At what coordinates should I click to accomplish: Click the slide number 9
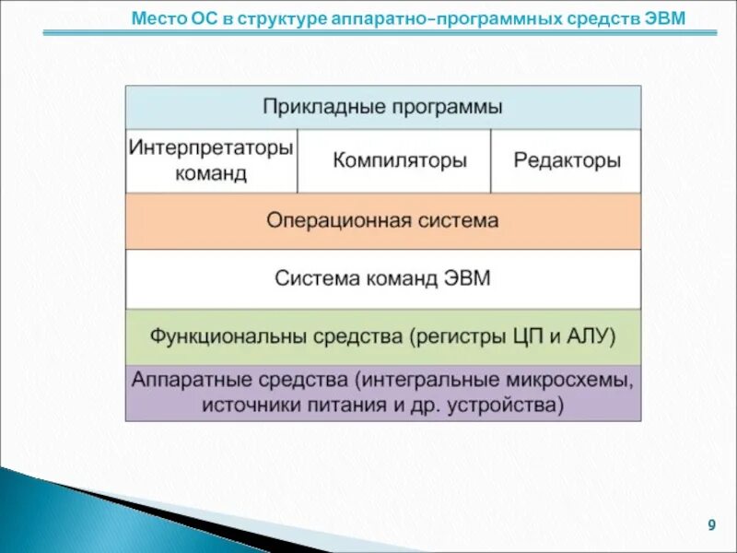click(711, 525)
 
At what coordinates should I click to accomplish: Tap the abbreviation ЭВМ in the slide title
click(666, 19)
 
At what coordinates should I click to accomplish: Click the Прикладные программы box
click(382, 107)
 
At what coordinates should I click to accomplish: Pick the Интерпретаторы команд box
click(211, 160)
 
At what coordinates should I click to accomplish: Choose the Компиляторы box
click(399, 160)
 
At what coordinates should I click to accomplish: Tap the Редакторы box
click(567, 160)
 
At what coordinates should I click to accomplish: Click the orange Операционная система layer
click(382, 221)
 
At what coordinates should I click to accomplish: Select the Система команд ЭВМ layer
click(382, 278)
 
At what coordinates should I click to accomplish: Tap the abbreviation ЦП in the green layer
click(530, 336)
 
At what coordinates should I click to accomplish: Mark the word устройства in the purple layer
click(506, 405)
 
